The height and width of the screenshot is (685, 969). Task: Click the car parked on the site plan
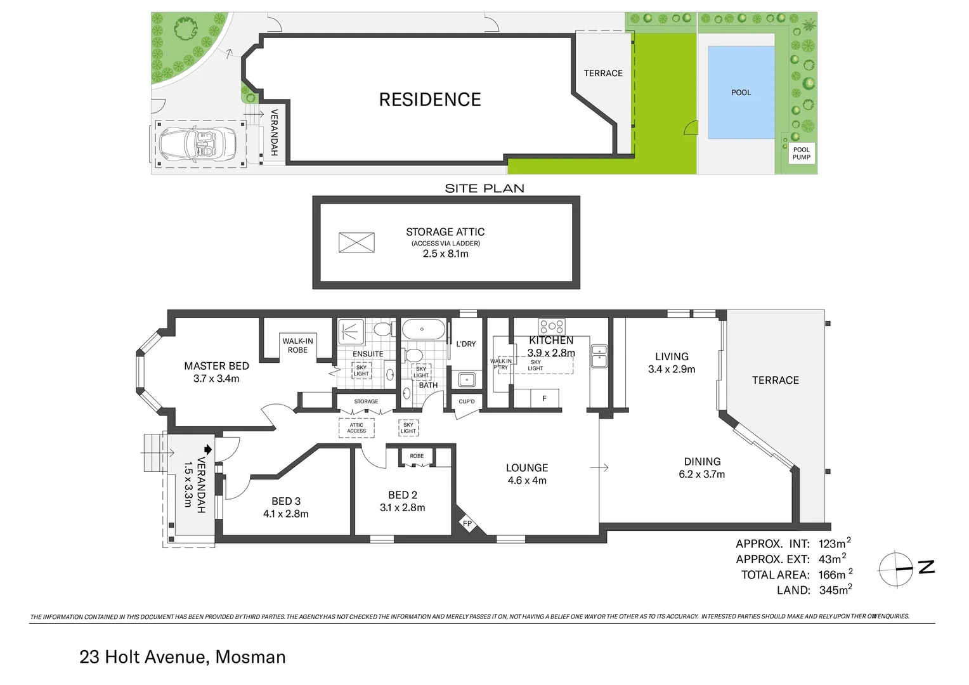pyautogui.click(x=198, y=144)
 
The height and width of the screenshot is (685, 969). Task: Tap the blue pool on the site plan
pyautogui.click(x=741, y=92)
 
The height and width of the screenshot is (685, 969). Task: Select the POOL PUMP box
pyautogui.click(x=801, y=153)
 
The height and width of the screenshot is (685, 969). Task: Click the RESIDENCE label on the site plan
pyautogui.click(x=430, y=100)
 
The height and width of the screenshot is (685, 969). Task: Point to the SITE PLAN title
pyautogui.click(x=484, y=188)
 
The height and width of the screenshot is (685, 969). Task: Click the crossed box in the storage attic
pyautogui.click(x=356, y=242)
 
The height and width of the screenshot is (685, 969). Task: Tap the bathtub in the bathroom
pyautogui.click(x=422, y=330)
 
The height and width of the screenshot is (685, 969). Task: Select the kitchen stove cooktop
pyautogui.click(x=551, y=327)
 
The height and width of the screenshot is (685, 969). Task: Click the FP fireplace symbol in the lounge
pyautogui.click(x=467, y=524)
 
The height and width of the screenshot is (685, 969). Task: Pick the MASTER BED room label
pyautogui.click(x=216, y=366)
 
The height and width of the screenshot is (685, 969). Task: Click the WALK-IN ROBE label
pyautogui.click(x=297, y=346)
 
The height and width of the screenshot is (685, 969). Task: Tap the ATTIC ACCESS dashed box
pyautogui.click(x=356, y=428)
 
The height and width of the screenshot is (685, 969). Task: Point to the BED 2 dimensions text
pyautogui.click(x=402, y=507)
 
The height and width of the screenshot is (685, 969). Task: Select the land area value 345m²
pyautogui.click(x=835, y=590)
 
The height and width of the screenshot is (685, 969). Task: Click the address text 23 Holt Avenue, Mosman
pyautogui.click(x=183, y=657)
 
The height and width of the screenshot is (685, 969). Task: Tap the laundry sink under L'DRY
pyautogui.click(x=467, y=379)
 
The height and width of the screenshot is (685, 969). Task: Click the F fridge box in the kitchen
pyautogui.click(x=544, y=398)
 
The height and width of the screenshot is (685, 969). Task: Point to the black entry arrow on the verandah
pyautogui.click(x=207, y=448)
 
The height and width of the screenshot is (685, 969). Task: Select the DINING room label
pyautogui.click(x=702, y=462)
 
